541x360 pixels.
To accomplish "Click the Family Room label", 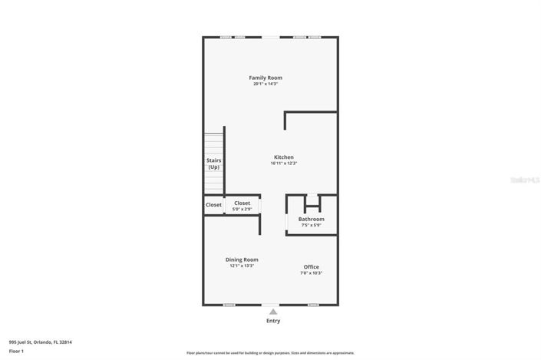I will click(266, 78).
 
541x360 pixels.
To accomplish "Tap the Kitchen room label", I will click(284, 157).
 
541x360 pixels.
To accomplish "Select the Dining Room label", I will click(242, 259).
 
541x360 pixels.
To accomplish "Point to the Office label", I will click(311, 266).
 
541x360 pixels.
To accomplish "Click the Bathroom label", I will click(312, 219).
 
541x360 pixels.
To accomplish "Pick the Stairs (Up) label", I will click(213, 163).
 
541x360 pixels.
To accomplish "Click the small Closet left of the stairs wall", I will click(213, 205).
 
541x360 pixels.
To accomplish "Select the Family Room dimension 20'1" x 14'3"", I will click(266, 84).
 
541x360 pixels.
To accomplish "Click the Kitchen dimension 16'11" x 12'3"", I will click(284, 163).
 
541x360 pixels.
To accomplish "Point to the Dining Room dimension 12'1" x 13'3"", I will click(242, 266).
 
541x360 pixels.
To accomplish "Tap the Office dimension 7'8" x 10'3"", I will click(311, 272).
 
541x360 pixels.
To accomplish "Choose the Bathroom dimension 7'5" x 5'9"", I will click(312, 225).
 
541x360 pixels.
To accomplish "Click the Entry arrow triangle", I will click(273, 312).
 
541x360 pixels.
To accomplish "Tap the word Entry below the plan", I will click(273, 321).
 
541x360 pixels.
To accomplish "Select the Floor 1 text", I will click(16, 351).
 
